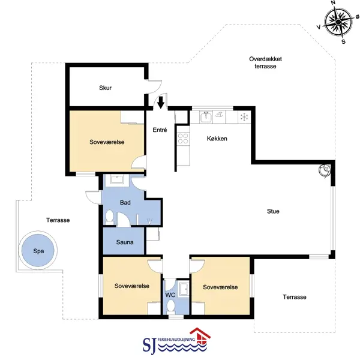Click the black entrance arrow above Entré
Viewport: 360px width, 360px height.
tap(161, 102)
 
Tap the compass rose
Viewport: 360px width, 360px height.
tap(338, 22)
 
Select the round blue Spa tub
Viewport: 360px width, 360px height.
tap(38, 250)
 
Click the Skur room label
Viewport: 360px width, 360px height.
tap(106, 88)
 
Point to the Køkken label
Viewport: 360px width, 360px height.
tap(217, 139)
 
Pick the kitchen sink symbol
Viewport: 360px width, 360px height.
tap(206, 117)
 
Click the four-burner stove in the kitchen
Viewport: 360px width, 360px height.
tap(183, 139)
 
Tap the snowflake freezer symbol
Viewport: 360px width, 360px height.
tap(244, 118)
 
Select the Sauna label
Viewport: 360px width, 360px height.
tap(125, 242)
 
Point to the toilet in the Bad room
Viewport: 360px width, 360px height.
tap(110, 217)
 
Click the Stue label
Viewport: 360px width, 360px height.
tap(273, 211)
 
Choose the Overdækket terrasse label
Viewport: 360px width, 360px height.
tap(265, 62)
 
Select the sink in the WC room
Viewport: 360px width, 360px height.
tap(184, 289)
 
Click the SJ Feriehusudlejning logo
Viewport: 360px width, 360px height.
tap(176, 341)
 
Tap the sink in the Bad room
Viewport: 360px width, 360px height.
tap(117, 179)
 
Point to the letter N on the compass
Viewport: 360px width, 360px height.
tap(333, 3)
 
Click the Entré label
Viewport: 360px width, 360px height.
tap(160, 130)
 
